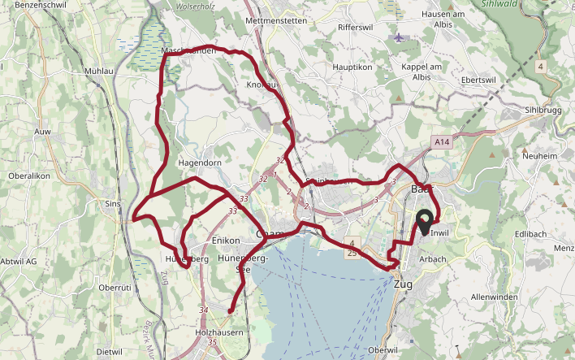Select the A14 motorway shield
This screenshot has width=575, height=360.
441,141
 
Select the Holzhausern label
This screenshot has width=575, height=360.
219,333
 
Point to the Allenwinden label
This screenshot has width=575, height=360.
494,297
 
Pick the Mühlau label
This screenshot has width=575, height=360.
98,72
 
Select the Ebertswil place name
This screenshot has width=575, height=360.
478,80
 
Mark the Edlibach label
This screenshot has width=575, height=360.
530,234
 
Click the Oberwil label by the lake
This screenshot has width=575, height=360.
384,349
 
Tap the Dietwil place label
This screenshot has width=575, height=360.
109,352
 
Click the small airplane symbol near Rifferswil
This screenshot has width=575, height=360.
397,37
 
